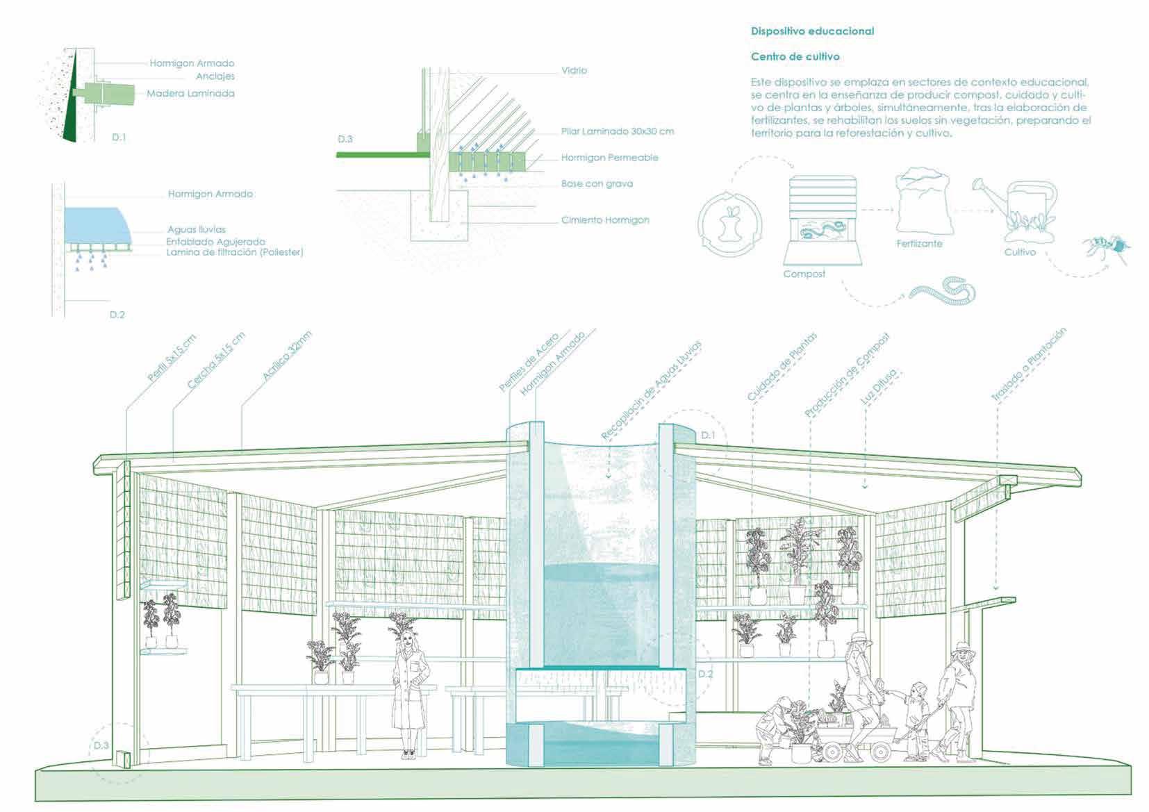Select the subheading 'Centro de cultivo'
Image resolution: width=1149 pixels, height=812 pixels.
795,56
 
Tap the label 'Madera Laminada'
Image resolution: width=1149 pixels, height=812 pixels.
190,94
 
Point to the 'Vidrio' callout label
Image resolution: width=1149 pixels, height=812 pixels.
574,70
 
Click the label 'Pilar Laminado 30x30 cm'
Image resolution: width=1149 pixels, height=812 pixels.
617,131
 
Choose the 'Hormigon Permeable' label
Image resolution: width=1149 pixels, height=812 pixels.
609,158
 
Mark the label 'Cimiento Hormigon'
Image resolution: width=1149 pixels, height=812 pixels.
605,220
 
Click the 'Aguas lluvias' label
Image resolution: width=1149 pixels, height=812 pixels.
197,229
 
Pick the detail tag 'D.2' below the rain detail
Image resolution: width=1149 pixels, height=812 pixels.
117,315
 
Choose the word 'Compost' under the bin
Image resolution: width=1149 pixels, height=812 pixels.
804,274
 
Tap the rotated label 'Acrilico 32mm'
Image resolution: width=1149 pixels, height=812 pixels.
287,356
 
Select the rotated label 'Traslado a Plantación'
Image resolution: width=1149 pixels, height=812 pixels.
1027,365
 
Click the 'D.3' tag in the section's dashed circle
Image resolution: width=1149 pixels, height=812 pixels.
101,745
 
